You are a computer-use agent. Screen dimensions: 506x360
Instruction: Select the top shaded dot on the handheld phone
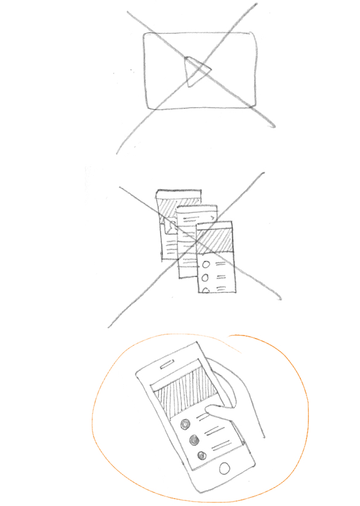183,425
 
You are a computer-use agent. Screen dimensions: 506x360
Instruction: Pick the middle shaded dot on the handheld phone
194,440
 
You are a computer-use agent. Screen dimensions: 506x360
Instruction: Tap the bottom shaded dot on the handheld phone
201,456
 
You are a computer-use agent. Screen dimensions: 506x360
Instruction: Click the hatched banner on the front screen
215,239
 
